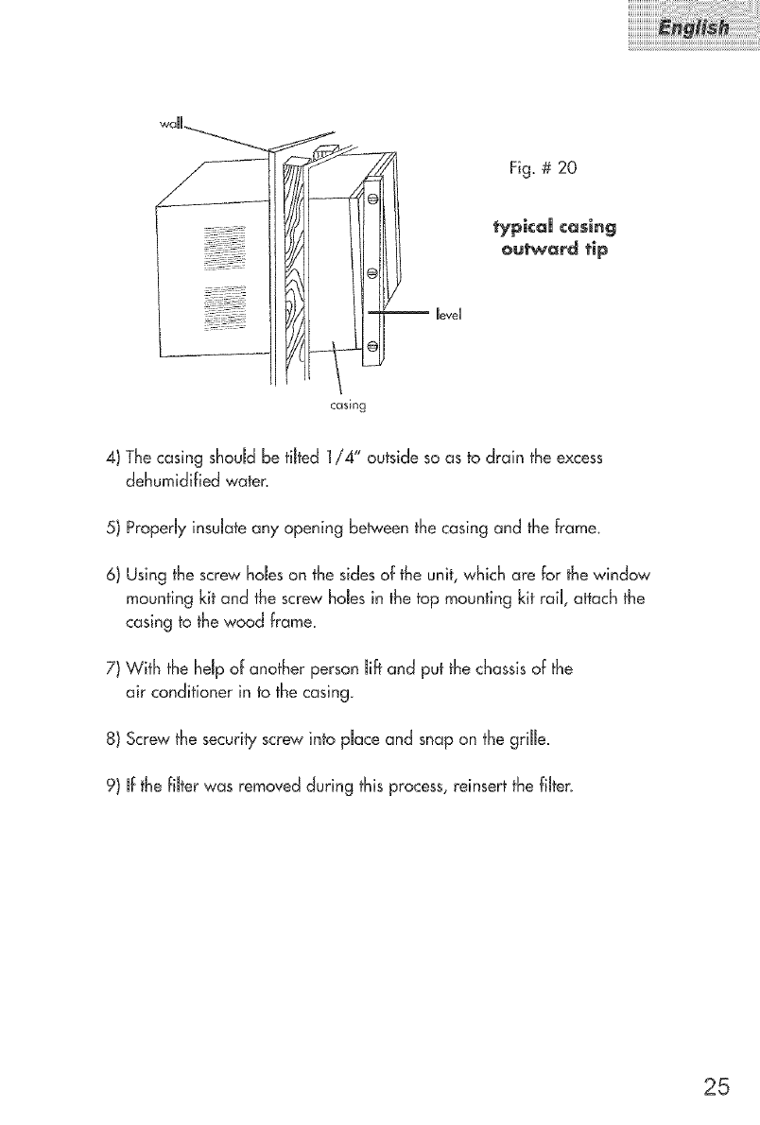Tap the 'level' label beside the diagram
tap(449, 312)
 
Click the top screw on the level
tap(372, 199)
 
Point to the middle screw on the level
tap(372, 274)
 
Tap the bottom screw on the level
tap(372, 347)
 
